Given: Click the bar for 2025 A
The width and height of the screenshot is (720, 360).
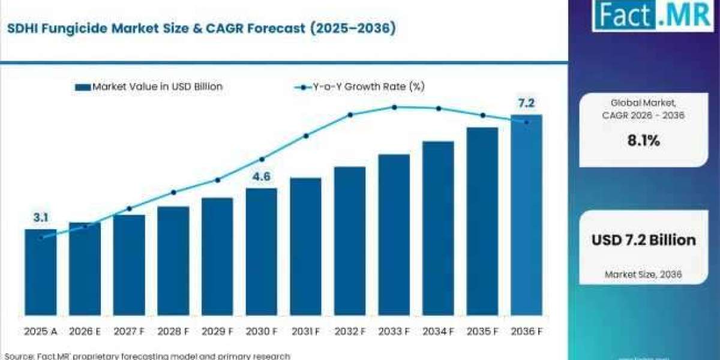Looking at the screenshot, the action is click(x=41, y=272).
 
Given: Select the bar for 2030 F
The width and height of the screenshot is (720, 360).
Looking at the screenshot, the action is click(x=262, y=251).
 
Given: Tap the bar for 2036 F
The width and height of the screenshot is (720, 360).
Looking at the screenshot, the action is click(x=527, y=215).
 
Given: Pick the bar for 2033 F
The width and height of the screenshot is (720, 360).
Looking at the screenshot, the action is click(x=394, y=235).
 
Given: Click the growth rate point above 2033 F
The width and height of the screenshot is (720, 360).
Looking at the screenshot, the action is click(x=395, y=107).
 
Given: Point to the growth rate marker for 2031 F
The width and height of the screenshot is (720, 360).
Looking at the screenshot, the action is click(x=306, y=136).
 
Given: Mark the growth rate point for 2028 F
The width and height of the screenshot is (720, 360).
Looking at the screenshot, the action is click(x=173, y=193).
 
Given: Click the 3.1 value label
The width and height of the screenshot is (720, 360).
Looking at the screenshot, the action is click(x=41, y=218).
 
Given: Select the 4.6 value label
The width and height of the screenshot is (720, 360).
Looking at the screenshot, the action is click(x=262, y=176).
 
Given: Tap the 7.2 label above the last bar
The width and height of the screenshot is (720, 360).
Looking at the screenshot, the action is click(x=526, y=103).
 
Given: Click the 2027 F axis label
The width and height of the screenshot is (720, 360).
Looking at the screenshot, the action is click(x=129, y=331).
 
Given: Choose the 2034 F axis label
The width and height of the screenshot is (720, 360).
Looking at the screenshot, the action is click(x=438, y=331).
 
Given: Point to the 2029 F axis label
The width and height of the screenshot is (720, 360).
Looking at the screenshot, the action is click(x=217, y=331).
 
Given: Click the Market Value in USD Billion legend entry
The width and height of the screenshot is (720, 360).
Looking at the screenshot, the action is click(x=149, y=87).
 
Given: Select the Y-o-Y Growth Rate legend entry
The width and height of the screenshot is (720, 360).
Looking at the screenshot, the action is click(x=359, y=87).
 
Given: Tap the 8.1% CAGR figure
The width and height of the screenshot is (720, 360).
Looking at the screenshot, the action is click(x=644, y=141).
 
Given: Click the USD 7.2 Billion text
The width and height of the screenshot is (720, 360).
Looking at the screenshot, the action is click(x=644, y=240).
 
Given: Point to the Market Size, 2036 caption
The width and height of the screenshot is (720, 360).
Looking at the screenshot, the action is click(x=643, y=275).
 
